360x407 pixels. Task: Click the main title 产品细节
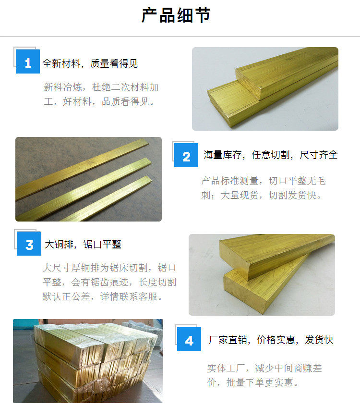point(176,15)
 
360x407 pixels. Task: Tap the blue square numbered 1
point(28,62)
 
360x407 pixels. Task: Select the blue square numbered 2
point(186,155)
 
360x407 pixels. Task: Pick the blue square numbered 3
point(29,244)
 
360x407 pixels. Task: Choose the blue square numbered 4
point(189,339)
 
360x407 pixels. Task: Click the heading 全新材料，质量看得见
point(90,63)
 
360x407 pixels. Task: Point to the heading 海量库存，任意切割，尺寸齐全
point(271,155)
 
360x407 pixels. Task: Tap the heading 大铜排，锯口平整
point(83,244)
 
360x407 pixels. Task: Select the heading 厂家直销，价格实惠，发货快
point(271,340)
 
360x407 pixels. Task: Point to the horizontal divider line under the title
point(180,37)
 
